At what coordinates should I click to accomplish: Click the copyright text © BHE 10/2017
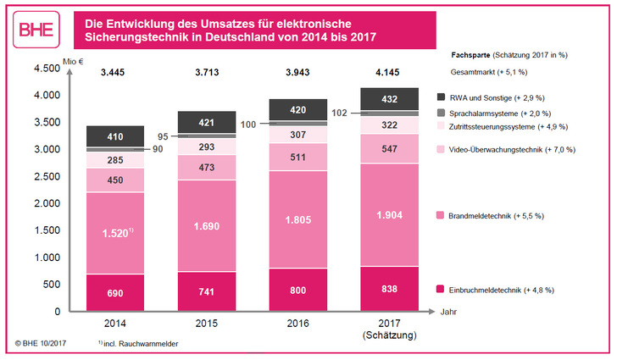point(41,345)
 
